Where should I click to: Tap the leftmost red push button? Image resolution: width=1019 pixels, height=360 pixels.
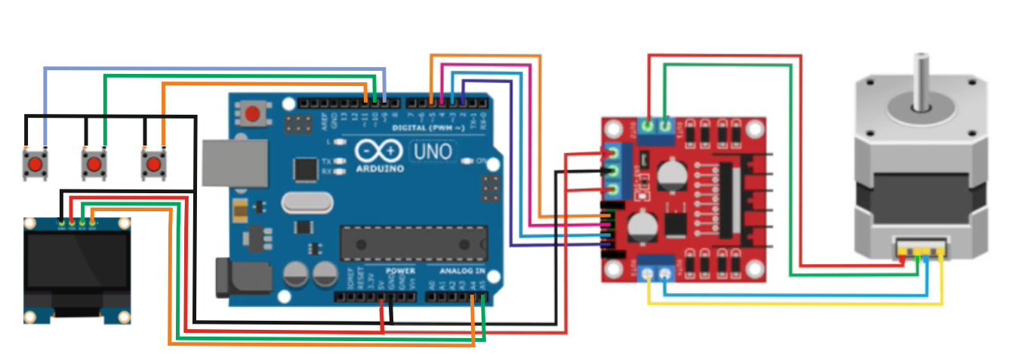click(35, 164)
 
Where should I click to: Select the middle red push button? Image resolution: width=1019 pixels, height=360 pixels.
click(94, 164)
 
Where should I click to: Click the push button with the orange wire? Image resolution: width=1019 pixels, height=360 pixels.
click(153, 163)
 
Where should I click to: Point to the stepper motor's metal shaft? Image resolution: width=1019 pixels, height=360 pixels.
click(921, 80)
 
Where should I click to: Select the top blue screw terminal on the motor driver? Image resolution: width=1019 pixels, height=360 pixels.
click(657, 130)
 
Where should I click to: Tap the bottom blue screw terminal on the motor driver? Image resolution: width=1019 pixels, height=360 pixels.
click(656, 268)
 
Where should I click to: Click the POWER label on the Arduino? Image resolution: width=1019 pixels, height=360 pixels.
click(400, 270)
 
